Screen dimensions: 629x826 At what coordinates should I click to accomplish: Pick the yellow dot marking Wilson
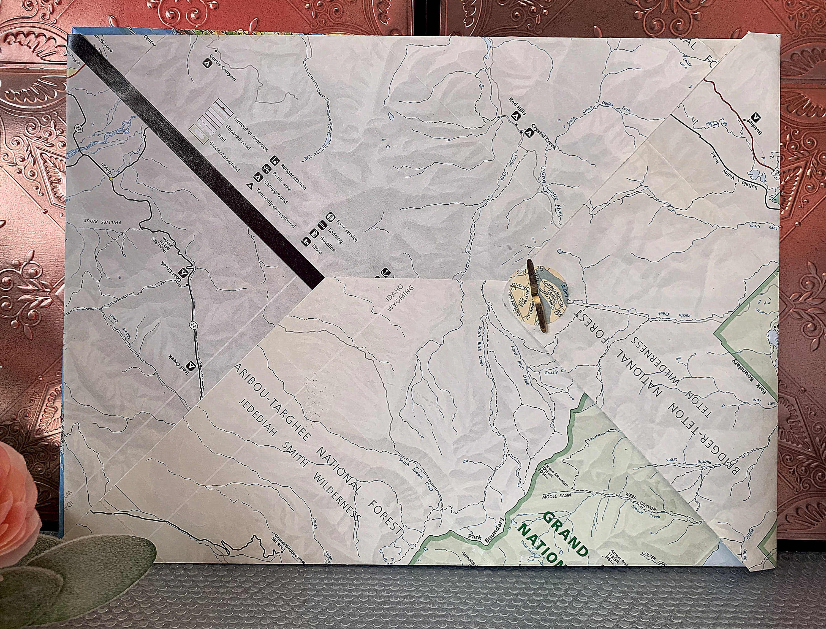click(110, 179)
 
